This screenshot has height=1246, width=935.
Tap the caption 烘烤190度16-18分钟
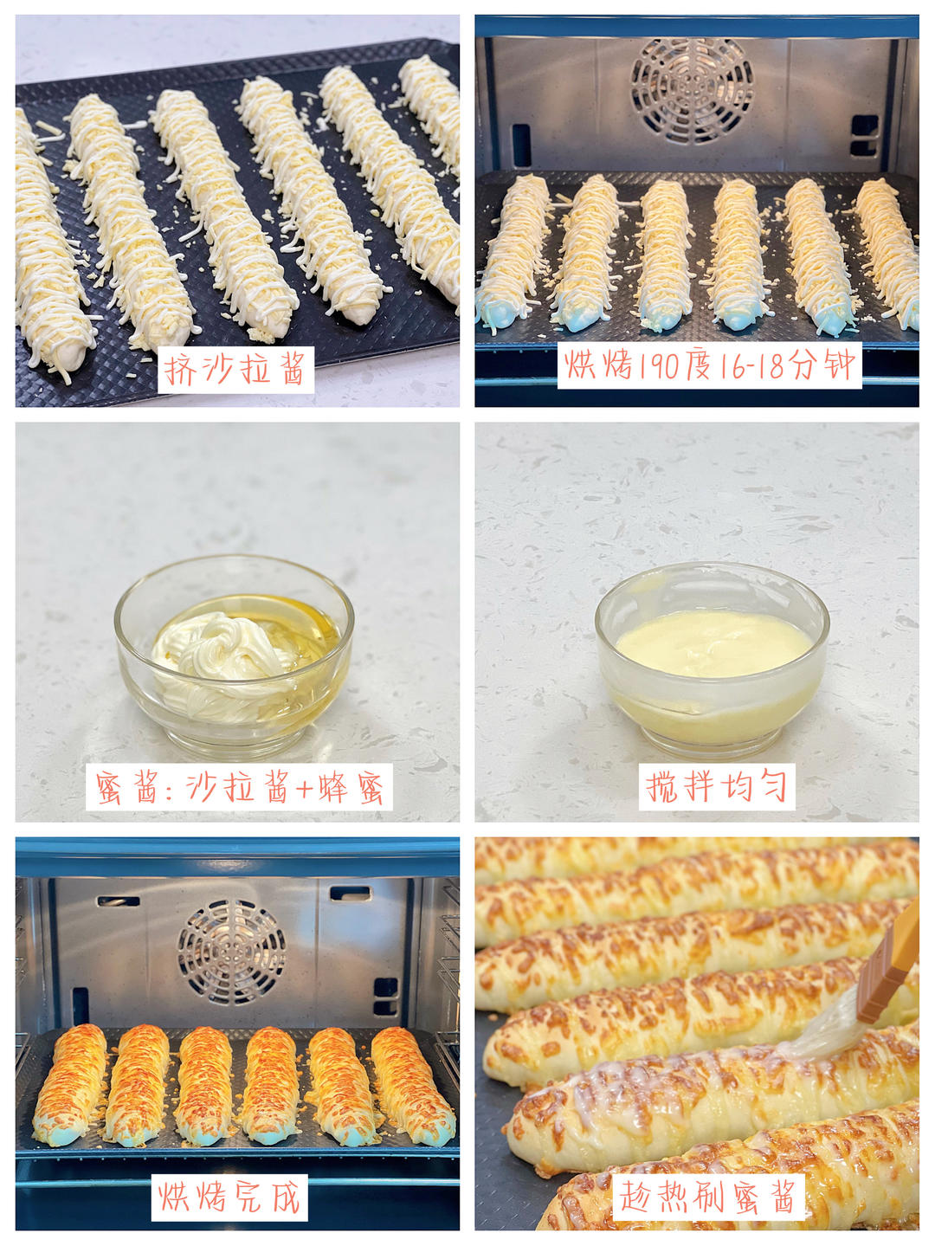pyautogui.click(x=710, y=365)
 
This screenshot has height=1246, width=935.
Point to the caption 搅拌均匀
pyautogui.click(x=717, y=787)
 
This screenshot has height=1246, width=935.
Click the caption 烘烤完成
pyautogui.click(x=229, y=1198)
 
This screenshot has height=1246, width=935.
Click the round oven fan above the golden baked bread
pyautogui.click(x=232, y=952)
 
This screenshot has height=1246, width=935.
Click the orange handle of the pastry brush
pyautogui.click(x=892, y=961)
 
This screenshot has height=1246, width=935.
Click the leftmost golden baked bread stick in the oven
pyautogui.click(x=69, y=1082)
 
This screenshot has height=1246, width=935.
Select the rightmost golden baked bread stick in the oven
pyautogui.click(x=413, y=1082)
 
